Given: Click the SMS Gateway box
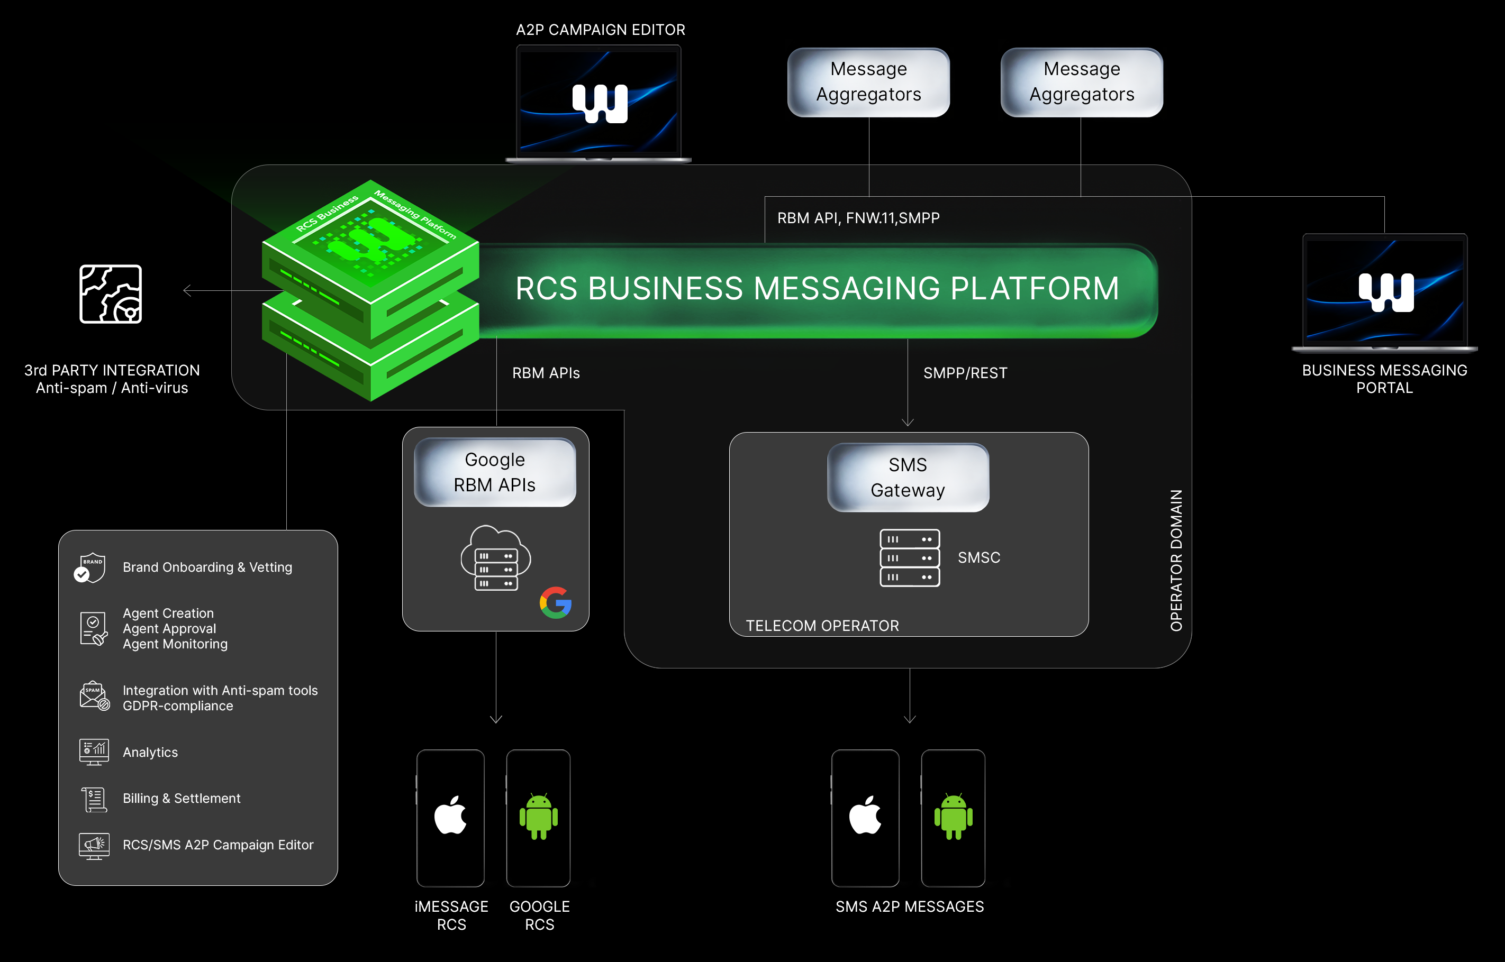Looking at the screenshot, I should tap(908, 478).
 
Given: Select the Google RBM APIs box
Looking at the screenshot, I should tap(494, 472).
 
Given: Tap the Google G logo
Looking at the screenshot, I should tap(555, 602).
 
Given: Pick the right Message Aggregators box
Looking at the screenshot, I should tap(1081, 82).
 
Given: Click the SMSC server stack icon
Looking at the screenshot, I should tap(909, 557).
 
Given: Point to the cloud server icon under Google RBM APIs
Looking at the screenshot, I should tap(496, 558).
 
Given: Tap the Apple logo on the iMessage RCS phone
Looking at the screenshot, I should tap(450, 815).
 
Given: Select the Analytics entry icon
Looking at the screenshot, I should tap(94, 752).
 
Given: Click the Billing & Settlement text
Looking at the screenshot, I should tap(182, 799).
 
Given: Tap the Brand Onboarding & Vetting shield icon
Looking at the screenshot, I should tap(90, 567).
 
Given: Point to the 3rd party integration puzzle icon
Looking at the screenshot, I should tap(111, 294).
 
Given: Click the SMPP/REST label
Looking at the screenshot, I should tap(965, 373).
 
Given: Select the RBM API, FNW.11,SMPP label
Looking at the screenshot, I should tap(858, 218).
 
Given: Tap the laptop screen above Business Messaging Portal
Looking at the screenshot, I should tap(1384, 290).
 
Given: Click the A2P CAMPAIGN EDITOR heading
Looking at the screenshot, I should tap(600, 30).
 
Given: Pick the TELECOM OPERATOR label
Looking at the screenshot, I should tap(822, 625).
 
